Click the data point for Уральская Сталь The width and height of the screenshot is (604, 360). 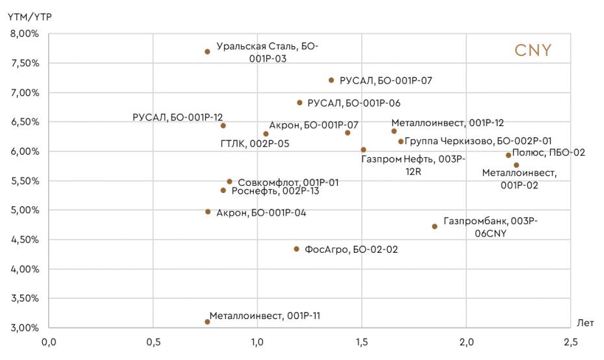click(207, 51)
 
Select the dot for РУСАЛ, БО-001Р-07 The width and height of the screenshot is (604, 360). click(331, 81)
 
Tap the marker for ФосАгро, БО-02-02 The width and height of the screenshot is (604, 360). click(297, 249)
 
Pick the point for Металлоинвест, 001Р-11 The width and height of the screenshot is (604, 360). click(207, 322)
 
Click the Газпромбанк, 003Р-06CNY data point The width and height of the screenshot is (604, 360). click(434, 226)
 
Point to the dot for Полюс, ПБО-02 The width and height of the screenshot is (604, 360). click(509, 155)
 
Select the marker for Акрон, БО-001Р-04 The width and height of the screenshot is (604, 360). click(208, 212)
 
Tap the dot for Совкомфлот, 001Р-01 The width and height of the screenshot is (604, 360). click(229, 182)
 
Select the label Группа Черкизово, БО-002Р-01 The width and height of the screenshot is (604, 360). click(479, 141)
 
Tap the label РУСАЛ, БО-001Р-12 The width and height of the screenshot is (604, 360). click(177, 118)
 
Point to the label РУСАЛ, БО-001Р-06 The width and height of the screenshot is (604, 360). click(353, 103)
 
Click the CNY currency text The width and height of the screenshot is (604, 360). click(533, 51)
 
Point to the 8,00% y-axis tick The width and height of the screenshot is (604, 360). click(25, 34)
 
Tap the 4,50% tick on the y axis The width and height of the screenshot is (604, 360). click(25, 240)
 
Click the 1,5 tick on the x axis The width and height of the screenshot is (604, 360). click(362, 342)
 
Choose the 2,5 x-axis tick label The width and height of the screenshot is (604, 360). click(570, 342)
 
